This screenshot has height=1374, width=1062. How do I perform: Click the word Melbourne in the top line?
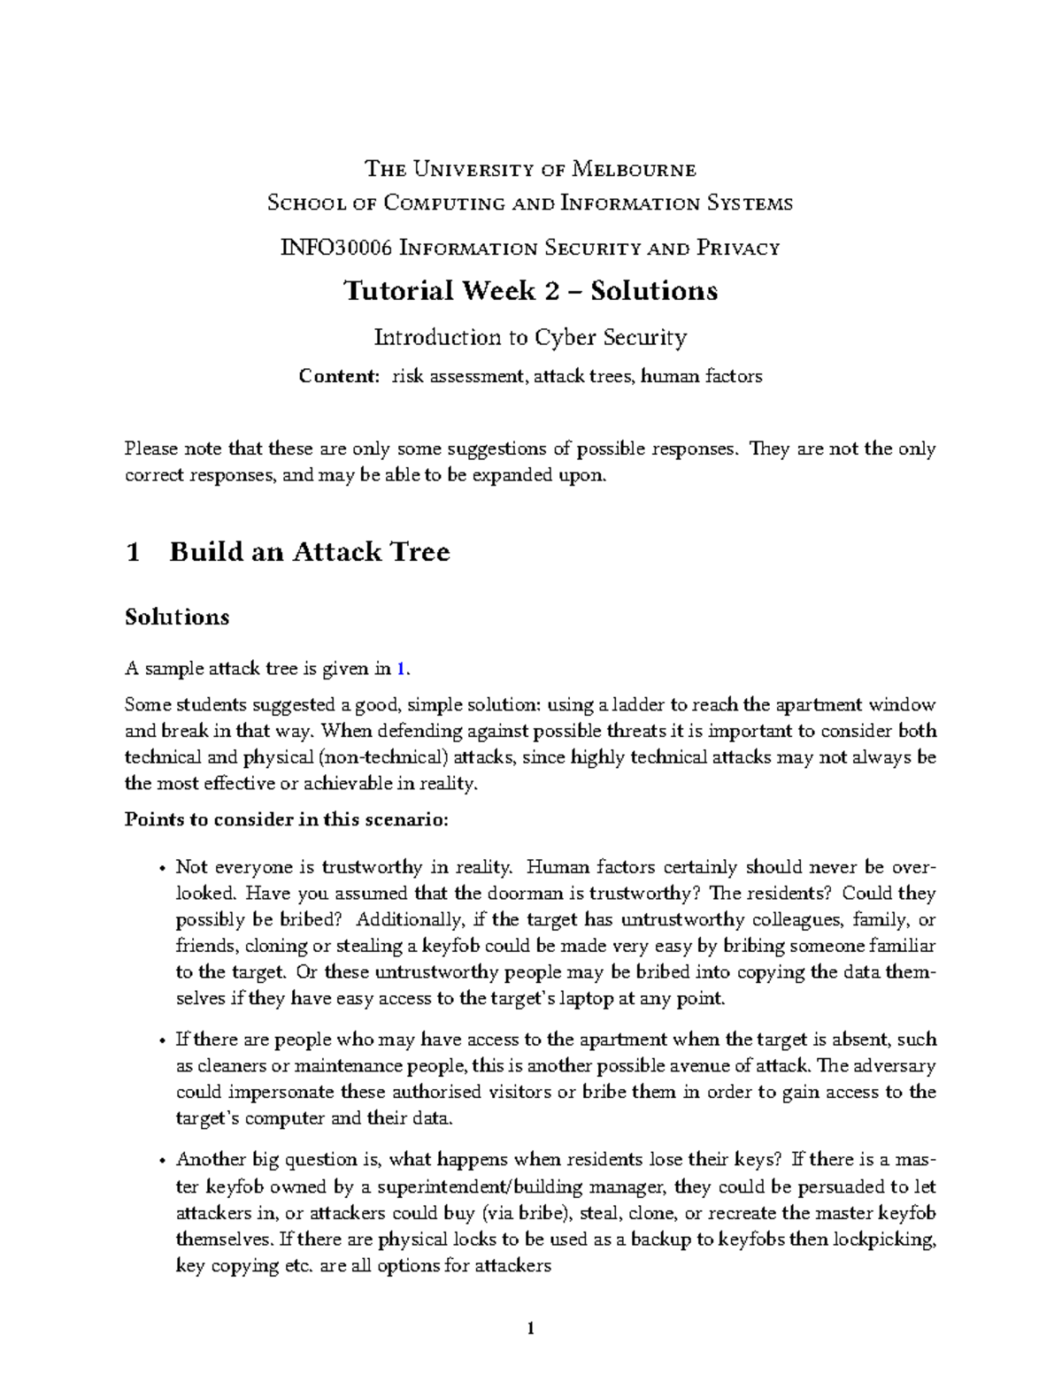point(634,169)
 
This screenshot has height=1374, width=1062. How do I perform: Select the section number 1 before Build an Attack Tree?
point(134,552)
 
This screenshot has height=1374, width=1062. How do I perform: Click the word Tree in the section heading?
point(423,552)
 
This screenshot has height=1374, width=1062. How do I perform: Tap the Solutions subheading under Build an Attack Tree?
point(177,617)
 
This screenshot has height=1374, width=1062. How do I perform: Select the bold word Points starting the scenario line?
point(149,819)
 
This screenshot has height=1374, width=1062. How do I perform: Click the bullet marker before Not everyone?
point(160,868)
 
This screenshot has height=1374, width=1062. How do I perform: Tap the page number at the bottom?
point(530,1327)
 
